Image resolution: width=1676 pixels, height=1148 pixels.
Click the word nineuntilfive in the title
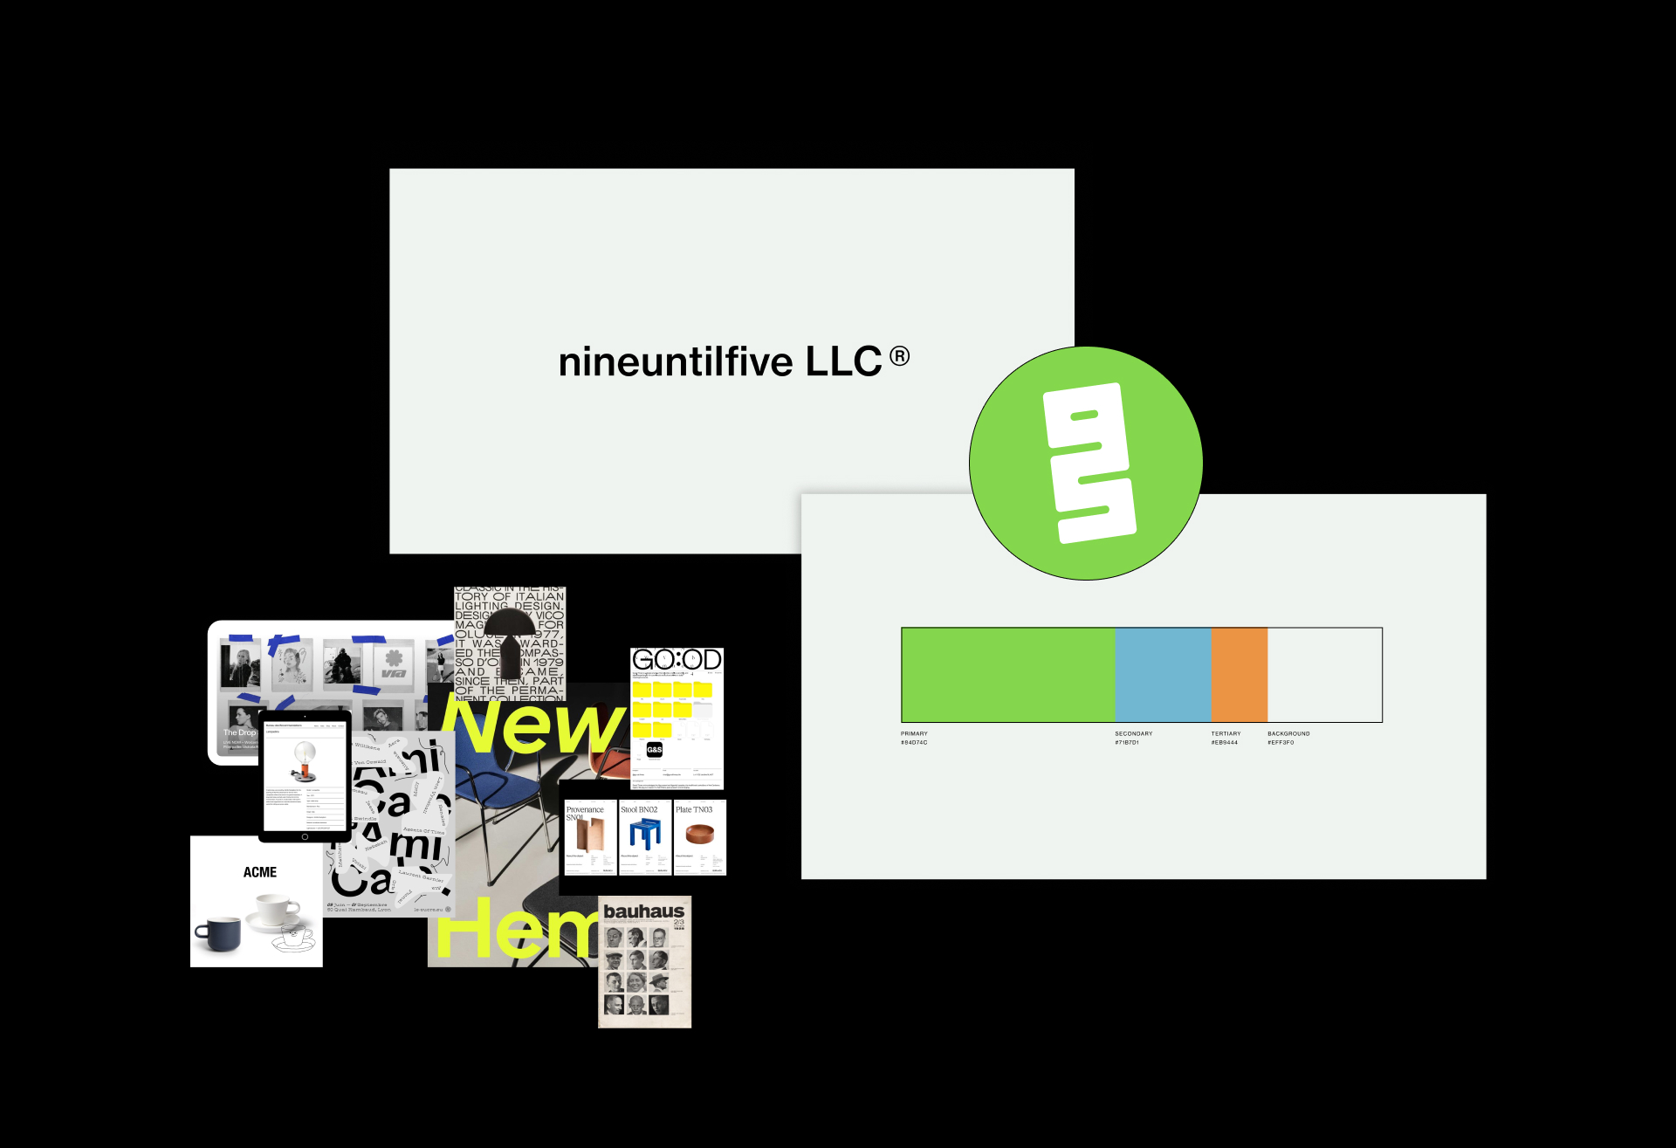(x=675, y=362)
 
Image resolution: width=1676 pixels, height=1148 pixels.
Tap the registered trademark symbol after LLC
(x=899, y=356)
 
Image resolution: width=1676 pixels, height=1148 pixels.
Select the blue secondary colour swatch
(x=1163, y=674)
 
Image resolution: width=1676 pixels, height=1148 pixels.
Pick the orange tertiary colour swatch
(x=1239, y=674)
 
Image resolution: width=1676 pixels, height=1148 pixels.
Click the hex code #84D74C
(x=914, y=743)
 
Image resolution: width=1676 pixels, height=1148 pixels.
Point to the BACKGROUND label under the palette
(x=1288, y=733)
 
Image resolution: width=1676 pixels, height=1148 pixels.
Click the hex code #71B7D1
(x=1126, y=743)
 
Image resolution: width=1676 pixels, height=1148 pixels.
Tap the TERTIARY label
(x=1226, y=733)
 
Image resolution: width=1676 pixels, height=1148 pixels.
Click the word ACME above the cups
(x=260, y=872)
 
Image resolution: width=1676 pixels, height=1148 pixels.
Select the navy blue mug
(x=217, y=933)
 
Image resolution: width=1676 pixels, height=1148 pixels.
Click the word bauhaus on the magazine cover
(x=644, y=911)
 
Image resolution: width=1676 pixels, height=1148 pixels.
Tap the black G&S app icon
(x=654, y=749)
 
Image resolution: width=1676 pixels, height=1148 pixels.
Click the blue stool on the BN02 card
(x=645, y=834)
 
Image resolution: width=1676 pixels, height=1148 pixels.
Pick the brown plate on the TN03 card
(x=699, y=835)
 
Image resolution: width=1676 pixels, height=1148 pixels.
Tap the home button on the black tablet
(x=305, y=836)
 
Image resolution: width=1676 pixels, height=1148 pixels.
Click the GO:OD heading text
(x=677, y=660)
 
